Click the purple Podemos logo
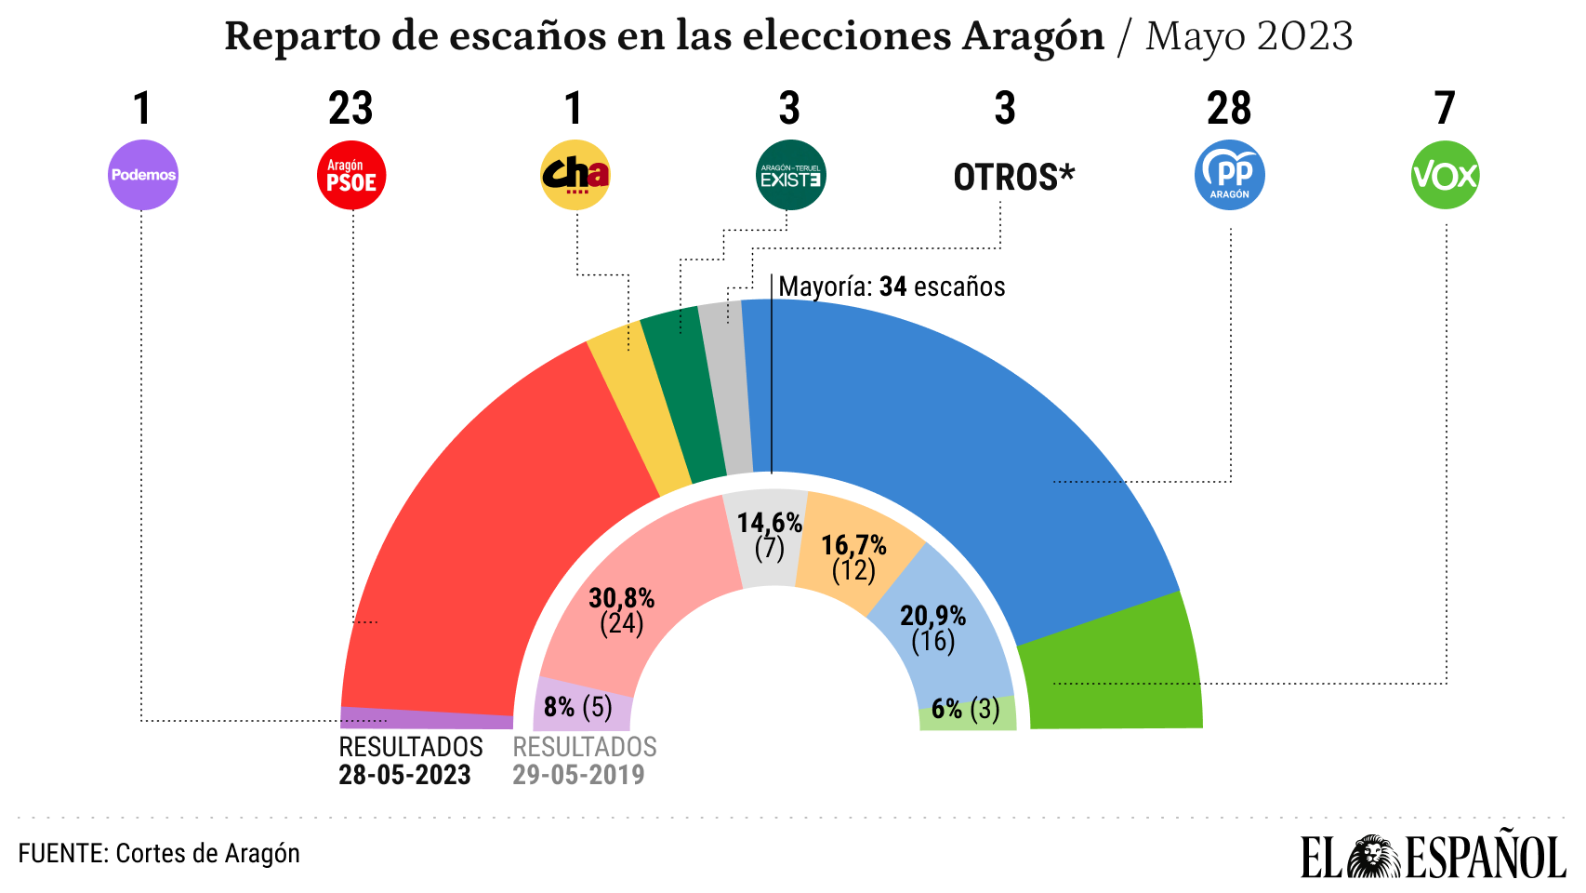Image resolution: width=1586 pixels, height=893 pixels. pyautogui.click(x=143, y=175)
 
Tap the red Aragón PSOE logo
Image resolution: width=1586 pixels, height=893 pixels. pyautogui.click(x=351, y=175)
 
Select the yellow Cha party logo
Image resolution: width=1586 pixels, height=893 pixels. pyautogui.click(x=575, y=175)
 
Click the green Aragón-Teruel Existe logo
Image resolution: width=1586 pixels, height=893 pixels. pyautogui.click(x=790, y=175)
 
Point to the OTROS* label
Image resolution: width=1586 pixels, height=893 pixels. pyautogui.click(x=1013, y=177)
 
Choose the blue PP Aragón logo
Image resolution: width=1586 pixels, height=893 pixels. pyautogui.click(x=1229, y=175)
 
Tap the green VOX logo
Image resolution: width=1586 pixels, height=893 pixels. pyautogui.click(x=1445, y=175)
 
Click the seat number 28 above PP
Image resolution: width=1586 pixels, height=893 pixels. pyautogui.click(x=1229, y=109)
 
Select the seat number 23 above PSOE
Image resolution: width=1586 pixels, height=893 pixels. pyautogui.click(x=350, y=109)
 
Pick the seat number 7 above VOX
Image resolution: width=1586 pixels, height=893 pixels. pyautogui.click(x=1444, y=109)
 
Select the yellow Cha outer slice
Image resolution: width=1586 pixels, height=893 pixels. pyautogui.click(x=640, y=409)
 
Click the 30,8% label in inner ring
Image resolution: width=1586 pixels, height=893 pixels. pyautogui.click(x=621, y=598)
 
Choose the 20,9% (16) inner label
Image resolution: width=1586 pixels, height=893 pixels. pyautogui.click(x=932, y=628)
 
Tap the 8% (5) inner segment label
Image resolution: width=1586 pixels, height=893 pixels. pyautogui.click(x=578, y=707)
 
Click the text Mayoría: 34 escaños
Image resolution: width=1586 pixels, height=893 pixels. pyautogui.click(x=892, y=287)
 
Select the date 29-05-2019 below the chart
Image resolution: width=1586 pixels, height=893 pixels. pyautogui.click(x=578, y=775)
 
